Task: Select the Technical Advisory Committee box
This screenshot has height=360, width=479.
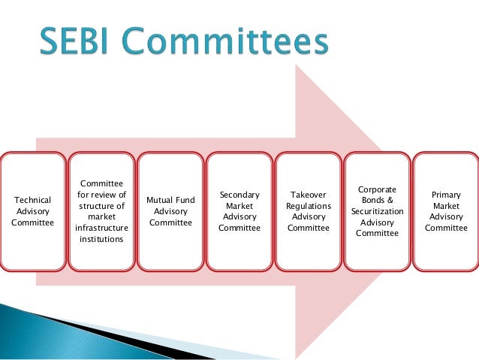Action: click(x=33, y=211)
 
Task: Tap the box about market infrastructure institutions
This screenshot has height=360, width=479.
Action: click(x=101, y=211)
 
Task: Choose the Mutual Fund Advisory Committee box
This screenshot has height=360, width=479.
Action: click(x=170, y=211)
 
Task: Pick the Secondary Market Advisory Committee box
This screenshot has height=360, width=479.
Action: click(x=239, y=211)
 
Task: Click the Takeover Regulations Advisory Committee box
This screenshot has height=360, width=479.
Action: click(x=309, y=211)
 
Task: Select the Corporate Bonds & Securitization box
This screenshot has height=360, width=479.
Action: click(x=377, y=211)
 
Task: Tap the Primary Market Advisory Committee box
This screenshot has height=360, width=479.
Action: click(x=446, y=211)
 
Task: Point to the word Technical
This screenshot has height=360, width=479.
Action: click(x=33, y=200)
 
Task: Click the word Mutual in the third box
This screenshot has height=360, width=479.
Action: click(x=158, y=200)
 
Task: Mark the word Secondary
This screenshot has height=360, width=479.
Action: click(x=239, y=195)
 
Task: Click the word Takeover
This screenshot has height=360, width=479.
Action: click(x=309, y=195)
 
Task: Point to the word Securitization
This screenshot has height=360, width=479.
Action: click(x=377, y=211)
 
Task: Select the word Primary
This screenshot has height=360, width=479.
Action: click(x=446, y=195)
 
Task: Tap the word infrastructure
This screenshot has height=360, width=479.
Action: click(x=101, y=228)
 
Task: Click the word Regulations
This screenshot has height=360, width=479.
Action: click(x=309, y=206)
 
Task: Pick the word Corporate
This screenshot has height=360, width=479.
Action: click(x=377, y=189)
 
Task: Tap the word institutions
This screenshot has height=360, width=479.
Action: click(x=101, y=239)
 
